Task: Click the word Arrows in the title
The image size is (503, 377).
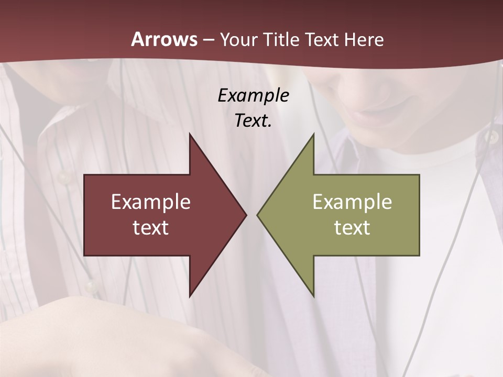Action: tap(164, 39)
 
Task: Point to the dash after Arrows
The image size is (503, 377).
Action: tap(208, 40)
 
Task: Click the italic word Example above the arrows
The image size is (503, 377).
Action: tap(253, 95)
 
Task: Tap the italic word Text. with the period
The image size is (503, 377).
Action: tap(253, 121)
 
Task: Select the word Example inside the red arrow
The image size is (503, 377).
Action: tap(151, 202)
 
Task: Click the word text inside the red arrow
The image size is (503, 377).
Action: tap(151, 227)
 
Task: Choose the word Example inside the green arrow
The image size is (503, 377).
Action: tap(352, 202)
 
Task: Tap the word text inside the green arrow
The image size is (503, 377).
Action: tap(352, 227)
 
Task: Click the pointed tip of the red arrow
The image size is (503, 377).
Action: tap(246, 215)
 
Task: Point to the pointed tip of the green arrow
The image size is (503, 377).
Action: tap(257, 215)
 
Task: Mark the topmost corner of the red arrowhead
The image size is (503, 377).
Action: tap(190, 134)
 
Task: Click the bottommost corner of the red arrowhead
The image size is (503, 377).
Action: tap(190, 296)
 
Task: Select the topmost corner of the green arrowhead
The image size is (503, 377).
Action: tap(313, 134)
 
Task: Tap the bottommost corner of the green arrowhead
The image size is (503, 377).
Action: tap(313, 296)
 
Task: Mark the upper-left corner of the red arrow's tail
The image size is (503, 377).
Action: tap(84, 175)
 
